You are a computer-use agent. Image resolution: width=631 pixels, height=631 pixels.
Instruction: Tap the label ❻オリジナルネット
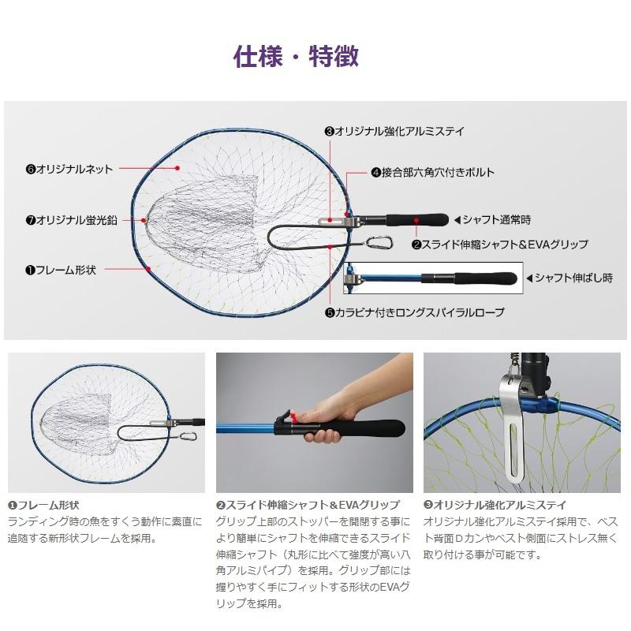69,169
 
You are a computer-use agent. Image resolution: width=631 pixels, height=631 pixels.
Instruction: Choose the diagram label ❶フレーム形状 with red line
61,270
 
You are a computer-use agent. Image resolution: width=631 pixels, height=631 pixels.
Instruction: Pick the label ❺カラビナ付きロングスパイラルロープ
414,312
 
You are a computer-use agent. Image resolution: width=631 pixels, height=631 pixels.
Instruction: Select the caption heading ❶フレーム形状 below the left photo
43,505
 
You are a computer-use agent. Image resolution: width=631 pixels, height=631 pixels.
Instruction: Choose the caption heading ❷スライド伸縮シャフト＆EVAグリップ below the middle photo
308,505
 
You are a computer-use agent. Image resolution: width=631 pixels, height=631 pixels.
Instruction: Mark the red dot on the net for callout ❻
180,168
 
